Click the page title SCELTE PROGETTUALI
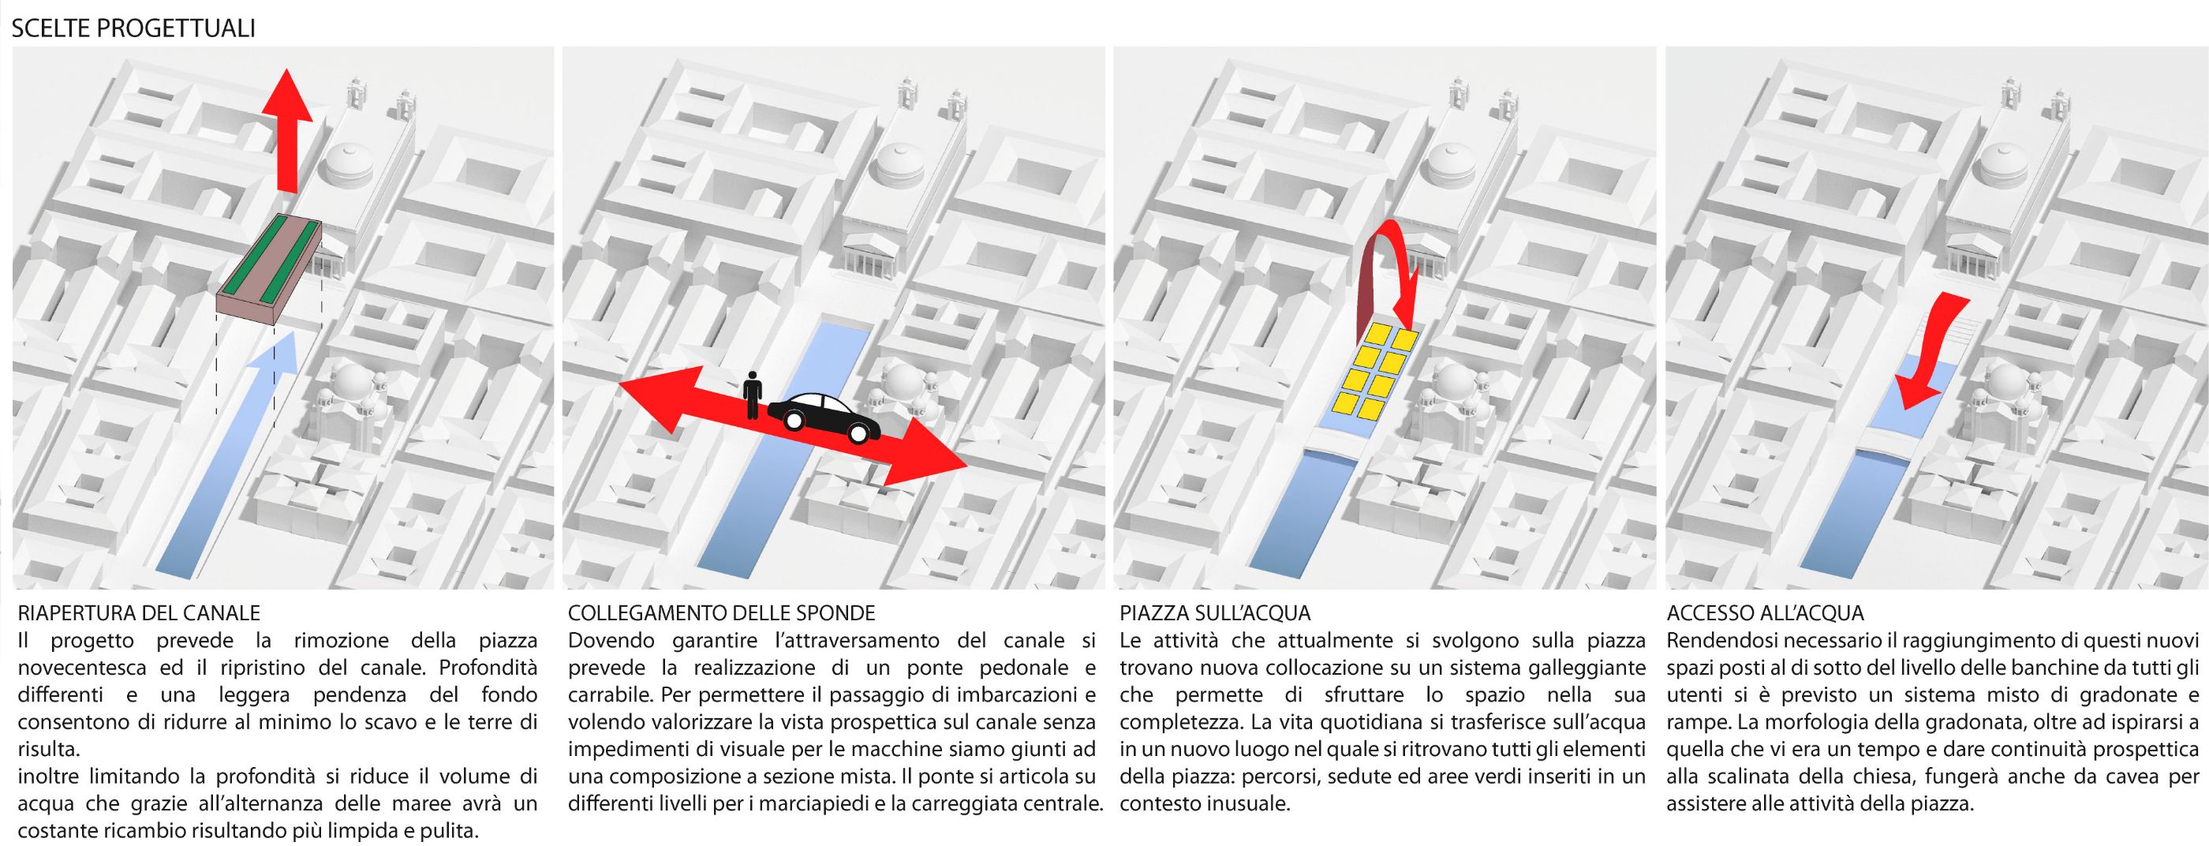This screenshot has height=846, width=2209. coord(133,28)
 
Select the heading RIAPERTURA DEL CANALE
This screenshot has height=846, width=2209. coord(139,613)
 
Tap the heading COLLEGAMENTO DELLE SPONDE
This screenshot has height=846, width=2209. coord(722,613)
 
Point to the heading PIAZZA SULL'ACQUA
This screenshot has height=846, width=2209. coord(1215,613)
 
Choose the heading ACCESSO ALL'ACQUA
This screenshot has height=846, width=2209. coord(1766,613)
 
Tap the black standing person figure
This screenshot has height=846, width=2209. coord(753,395)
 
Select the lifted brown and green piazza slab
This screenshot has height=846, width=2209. coord(270,270)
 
